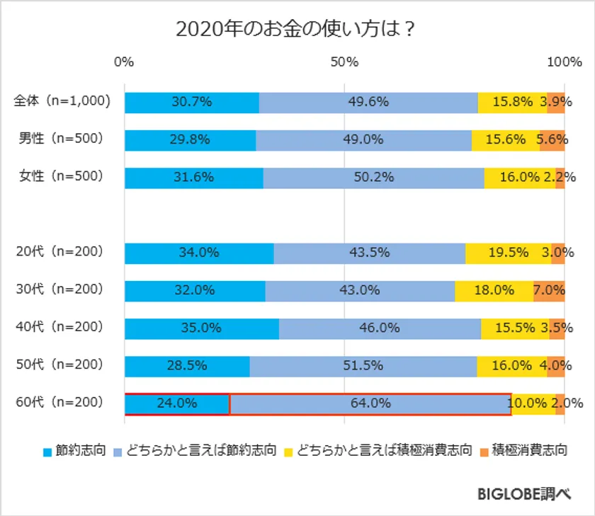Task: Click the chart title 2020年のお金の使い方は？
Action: [295, 30]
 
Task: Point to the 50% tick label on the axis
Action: [344, 62]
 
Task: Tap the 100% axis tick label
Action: [564, 62]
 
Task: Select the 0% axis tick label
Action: [124, 62]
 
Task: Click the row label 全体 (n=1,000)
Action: [62, 101]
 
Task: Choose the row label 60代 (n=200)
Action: [61, 403]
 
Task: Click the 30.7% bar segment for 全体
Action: [191, 102]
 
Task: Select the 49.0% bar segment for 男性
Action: [363, 140]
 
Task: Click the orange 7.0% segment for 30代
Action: [549, 290]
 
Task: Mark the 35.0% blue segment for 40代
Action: [201, 328]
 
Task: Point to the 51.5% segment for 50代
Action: [363, 366]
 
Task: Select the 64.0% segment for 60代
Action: [370, 403]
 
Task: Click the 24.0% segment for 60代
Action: [176, 403]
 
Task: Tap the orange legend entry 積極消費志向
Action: [528, 450]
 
